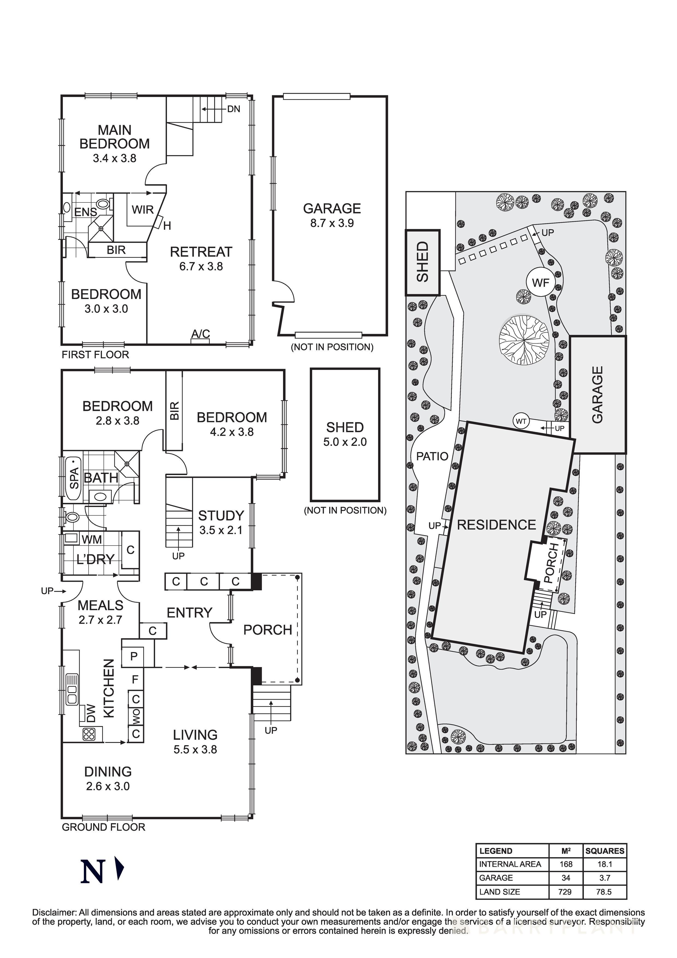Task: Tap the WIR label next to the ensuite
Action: click(x=143, y=210)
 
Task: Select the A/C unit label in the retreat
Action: click(x=200, y=334)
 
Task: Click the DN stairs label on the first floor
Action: click(x=234, y=109)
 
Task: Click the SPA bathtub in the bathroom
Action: click(x=73, y=478)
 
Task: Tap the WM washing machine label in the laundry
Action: click(x=92, y=540)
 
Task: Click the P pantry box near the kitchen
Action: click(x=134, y=656)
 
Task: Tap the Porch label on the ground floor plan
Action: click(x=267, y=630)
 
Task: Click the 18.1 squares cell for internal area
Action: click(x=604, y=864)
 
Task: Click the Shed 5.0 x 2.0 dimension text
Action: click(x=345, y=442)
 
